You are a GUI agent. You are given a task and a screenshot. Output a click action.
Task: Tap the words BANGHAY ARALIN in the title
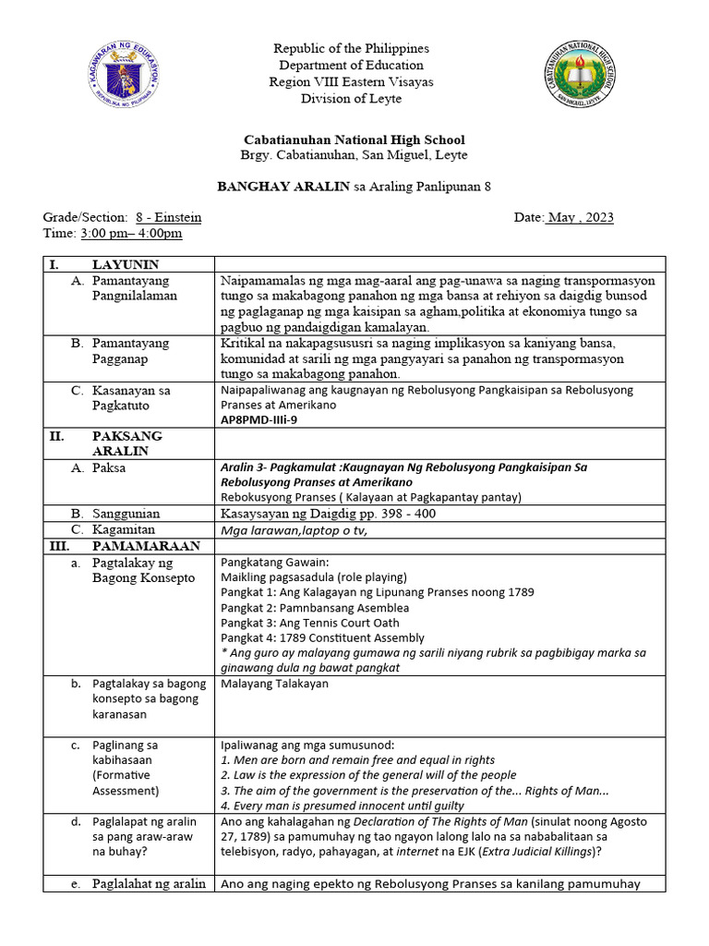coord(283,186)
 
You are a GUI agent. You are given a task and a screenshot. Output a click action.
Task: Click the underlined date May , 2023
coord(579,217)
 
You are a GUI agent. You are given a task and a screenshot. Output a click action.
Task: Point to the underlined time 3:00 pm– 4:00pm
coord(131,233)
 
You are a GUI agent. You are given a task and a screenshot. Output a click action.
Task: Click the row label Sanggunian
coord(126,514)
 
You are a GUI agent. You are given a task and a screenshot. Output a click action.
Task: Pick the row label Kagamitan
coord(124,529)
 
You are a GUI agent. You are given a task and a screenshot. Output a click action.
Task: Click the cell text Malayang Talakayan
coord(274,684)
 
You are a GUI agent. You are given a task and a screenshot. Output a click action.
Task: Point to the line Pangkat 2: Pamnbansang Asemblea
coord(315,608)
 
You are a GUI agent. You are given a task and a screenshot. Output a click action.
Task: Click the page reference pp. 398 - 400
coord(400,514)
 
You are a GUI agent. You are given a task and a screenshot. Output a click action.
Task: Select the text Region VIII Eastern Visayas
coord(350,81)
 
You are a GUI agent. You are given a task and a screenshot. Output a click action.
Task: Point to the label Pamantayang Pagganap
coord(131,351)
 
